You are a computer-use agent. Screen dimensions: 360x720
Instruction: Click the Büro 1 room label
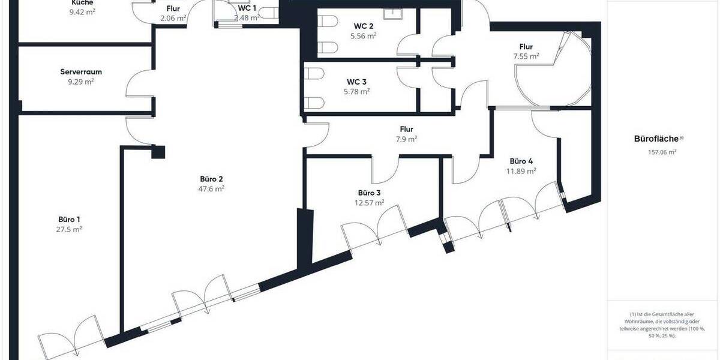(x=70, y=219)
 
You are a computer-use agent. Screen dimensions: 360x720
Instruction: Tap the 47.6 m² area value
(x=212, y=188)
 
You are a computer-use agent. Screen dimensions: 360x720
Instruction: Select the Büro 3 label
(x=369, y=193)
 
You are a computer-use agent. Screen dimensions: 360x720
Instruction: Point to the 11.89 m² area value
(x=521, y=170)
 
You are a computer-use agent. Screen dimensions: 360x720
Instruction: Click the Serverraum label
(x=81, y=71)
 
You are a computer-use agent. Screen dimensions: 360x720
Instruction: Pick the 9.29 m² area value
(x=81, y=81)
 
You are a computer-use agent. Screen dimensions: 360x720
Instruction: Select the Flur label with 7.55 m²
(x=526, y=46)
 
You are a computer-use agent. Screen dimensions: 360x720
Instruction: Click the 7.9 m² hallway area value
(x=406, y=139)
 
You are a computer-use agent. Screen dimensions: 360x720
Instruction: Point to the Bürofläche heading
(x=657, y=139)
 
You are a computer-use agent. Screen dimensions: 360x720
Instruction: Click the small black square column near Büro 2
(x=158, y=152)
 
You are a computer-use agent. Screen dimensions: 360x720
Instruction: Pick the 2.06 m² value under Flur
(x=173, y=19)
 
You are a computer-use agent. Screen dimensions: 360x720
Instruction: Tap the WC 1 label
(x=247, y=8)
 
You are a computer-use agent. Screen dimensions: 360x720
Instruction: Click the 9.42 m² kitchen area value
(x=82, y=10)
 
